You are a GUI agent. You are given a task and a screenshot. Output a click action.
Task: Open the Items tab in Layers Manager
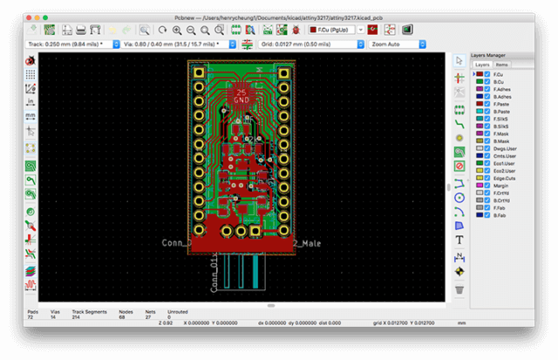[x=502, y=65]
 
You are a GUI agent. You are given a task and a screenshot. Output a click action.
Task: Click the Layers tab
[x=482, y=65]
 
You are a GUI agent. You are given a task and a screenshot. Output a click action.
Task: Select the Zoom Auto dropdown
[x=405, y=44]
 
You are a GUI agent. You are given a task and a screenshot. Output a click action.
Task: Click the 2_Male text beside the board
[x=307, y=243]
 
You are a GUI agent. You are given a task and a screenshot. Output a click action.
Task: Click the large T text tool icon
[x=459, y=240]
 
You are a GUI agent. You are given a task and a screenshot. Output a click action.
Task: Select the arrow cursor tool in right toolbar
[x=459, y=60]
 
